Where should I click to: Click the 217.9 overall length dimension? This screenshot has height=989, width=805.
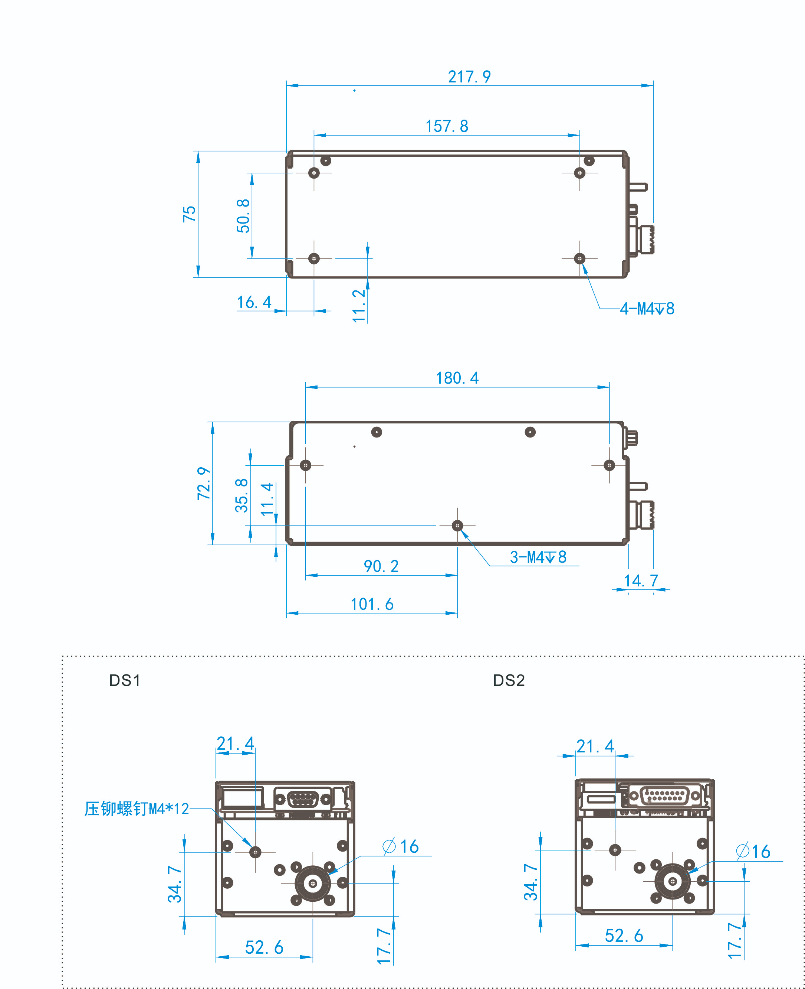point(469,77)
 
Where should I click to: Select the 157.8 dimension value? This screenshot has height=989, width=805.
point(447,126)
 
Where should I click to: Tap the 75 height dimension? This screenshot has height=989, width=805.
point(189,214)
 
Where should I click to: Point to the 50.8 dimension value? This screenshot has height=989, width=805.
point(243,216)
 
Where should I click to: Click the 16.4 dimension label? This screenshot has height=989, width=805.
point(254,302)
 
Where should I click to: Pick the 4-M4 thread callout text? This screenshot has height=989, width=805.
point(647,309)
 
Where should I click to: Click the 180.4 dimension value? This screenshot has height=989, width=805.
point(457,378)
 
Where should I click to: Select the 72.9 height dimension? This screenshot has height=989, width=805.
point(204,483)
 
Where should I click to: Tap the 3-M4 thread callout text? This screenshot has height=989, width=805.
point(538,557)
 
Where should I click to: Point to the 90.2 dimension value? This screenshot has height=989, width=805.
point(381,566)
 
